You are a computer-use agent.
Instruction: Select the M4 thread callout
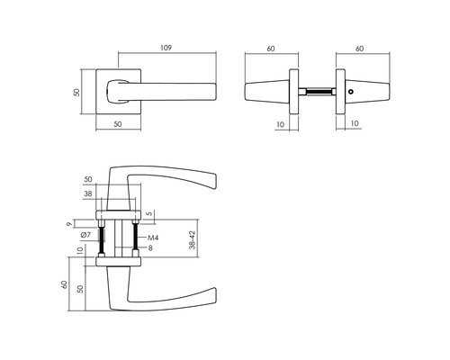pyautogui.click(x=153, y=238)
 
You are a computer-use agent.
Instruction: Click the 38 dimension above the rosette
pyautogui.click(x=113, y=193)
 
